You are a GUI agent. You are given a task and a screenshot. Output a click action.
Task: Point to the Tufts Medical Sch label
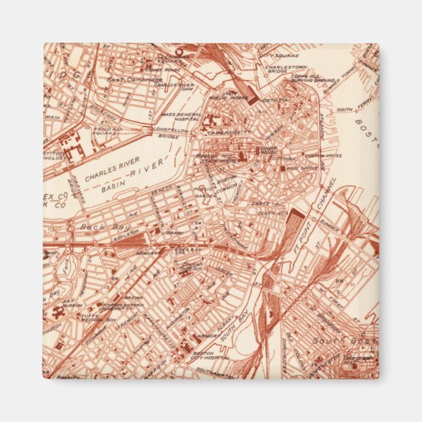[88, 311]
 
